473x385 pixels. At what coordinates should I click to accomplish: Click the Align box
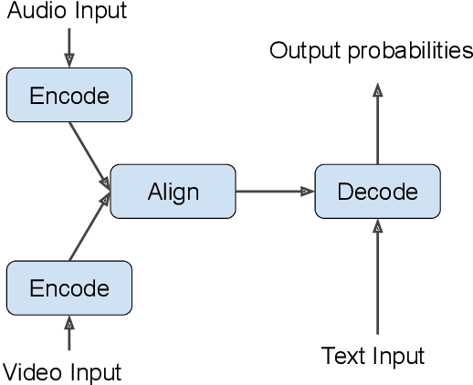click(x=173, y=192)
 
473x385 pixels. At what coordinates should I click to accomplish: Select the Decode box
click(x=377, y=192)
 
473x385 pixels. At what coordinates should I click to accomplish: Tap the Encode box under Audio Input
click(x=69, y=95)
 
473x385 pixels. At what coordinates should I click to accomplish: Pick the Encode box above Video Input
click(x=69, y=288)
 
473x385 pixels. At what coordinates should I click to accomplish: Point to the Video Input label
click(x=61, y=372)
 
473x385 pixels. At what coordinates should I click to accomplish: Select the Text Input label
click(x=373, y=355)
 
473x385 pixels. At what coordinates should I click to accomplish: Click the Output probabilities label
click(x=371, y=50)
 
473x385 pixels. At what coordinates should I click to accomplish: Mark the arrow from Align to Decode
click(x=274, y=192)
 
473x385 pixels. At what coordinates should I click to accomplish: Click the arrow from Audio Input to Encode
click(x=69, y=46)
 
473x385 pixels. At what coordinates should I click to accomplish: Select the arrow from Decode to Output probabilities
click(x=377, y=123)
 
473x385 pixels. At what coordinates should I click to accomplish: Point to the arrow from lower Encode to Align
click(x=89, y=228)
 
